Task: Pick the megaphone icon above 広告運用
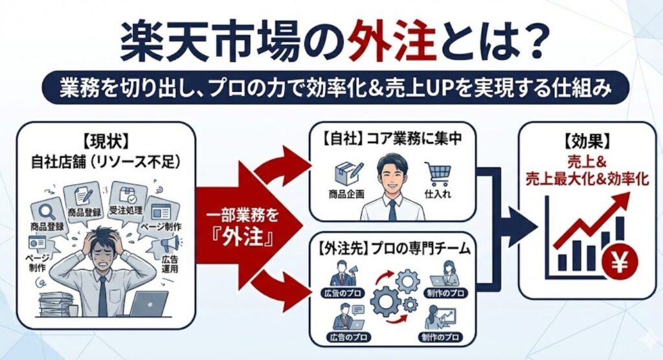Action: tap(169, 245)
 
